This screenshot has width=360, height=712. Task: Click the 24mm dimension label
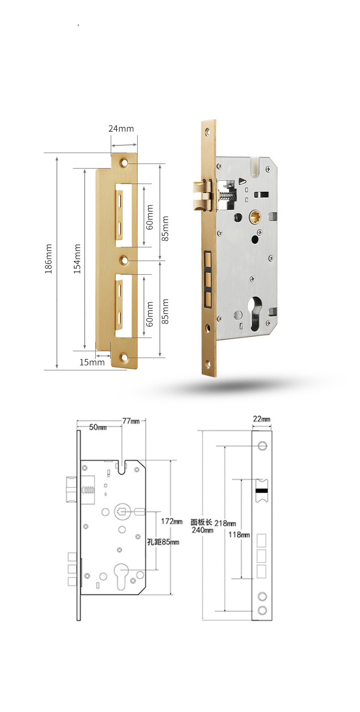[121, 129]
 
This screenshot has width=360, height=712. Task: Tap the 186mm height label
[48, 259]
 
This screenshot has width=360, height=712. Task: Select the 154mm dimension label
[77, 259]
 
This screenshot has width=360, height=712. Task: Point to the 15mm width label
[92, 362]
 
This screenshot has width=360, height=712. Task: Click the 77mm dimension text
[131, 421]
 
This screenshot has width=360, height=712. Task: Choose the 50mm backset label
[98, 427]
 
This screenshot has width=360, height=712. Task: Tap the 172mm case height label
[171, 521]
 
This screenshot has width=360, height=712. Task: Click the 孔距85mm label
[163, 542]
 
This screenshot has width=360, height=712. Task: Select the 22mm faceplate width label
[262, 419]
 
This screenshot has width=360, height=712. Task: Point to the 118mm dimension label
[239, 534]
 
